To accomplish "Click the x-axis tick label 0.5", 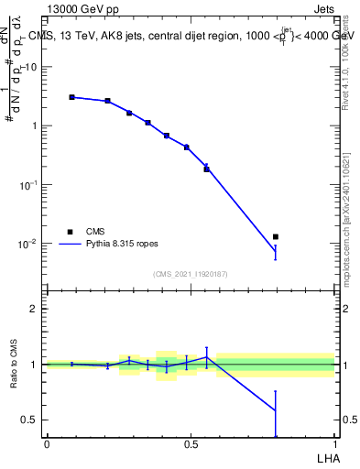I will coord(191,443).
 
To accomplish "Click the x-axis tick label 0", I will coord(47,443).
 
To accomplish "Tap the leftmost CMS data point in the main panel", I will coord(71,96).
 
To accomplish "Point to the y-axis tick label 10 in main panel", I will coord(31,67).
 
